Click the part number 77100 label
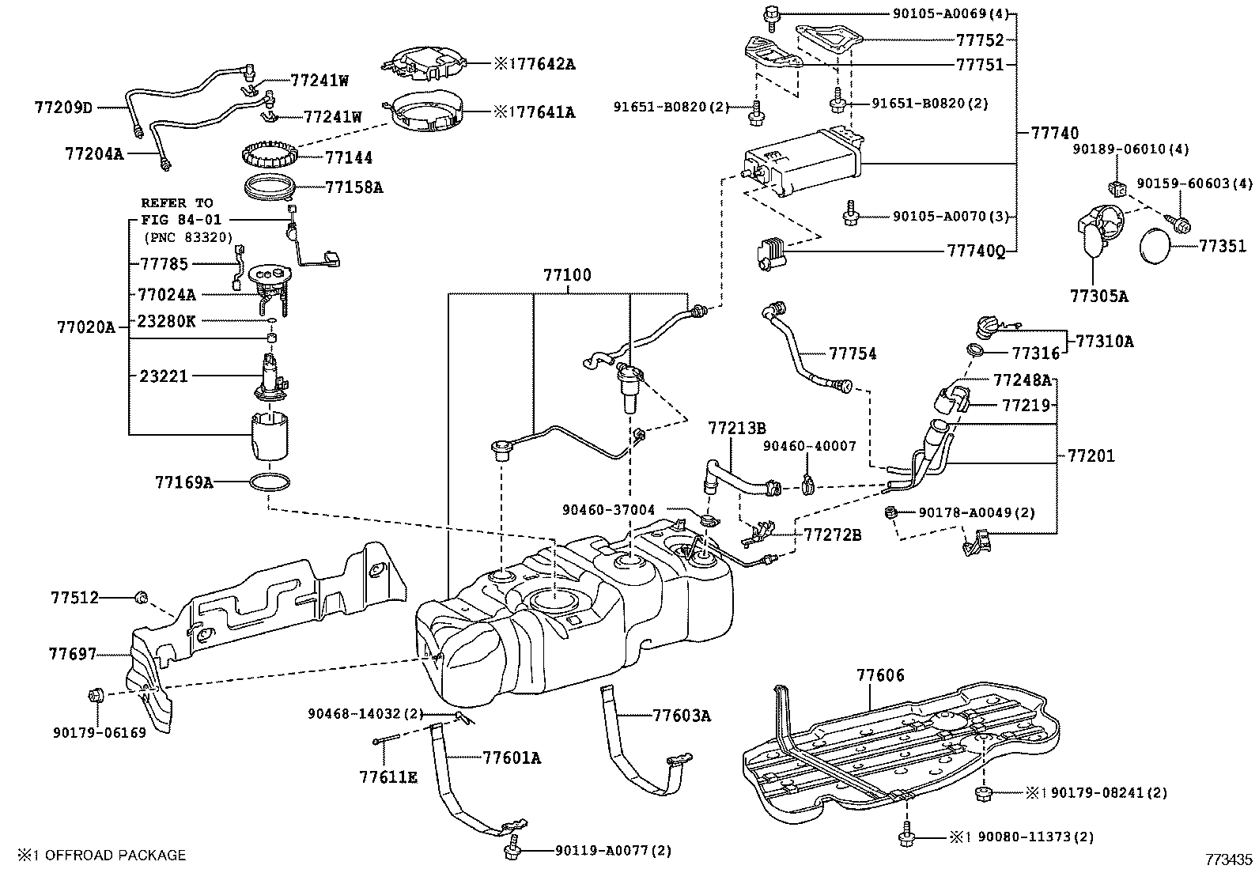click(566, 276)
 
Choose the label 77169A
click(183, 481)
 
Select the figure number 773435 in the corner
click(1228, 858)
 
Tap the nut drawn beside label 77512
click(142, 597)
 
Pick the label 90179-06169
click(100, 733)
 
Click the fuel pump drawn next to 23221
click(270, 378)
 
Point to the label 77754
click(853, 353)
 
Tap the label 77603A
click(682, 716)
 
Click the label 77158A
click(354, 187)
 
